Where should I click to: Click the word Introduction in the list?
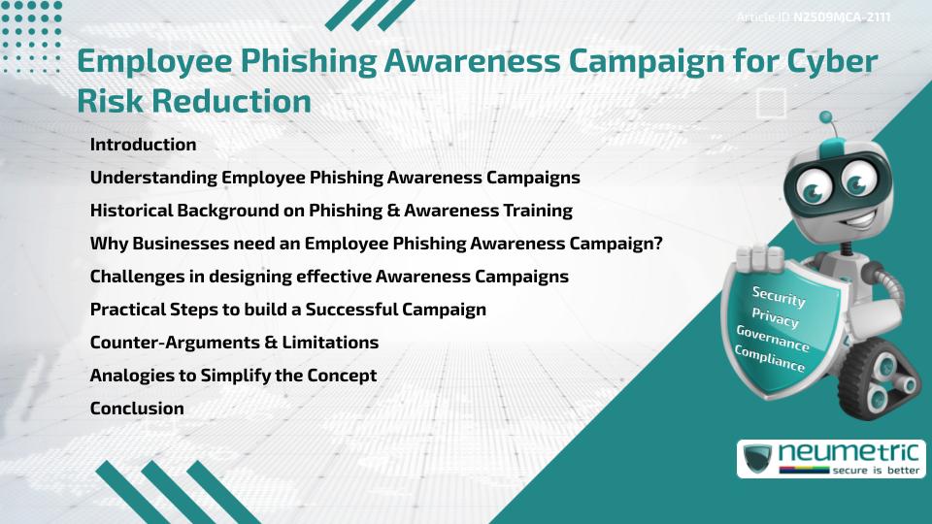click(143, 145)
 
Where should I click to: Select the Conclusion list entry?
click(137, 409)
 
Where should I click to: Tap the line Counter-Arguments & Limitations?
click(234, 343)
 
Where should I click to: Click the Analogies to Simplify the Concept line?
click(233, 376)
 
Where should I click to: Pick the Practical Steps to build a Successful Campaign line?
click(287, 310)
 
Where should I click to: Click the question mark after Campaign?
click(657, 243)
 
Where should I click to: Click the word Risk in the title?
click(110, 100)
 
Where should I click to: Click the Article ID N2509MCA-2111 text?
click(814, 17)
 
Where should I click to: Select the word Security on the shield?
click(779, 296)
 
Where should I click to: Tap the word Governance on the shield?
click(773, 338)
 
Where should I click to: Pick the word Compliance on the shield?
click(770, 358)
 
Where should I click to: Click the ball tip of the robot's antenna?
click(825, 117)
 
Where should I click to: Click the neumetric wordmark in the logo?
click(849, 453)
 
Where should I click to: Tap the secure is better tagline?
click(876, 471)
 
